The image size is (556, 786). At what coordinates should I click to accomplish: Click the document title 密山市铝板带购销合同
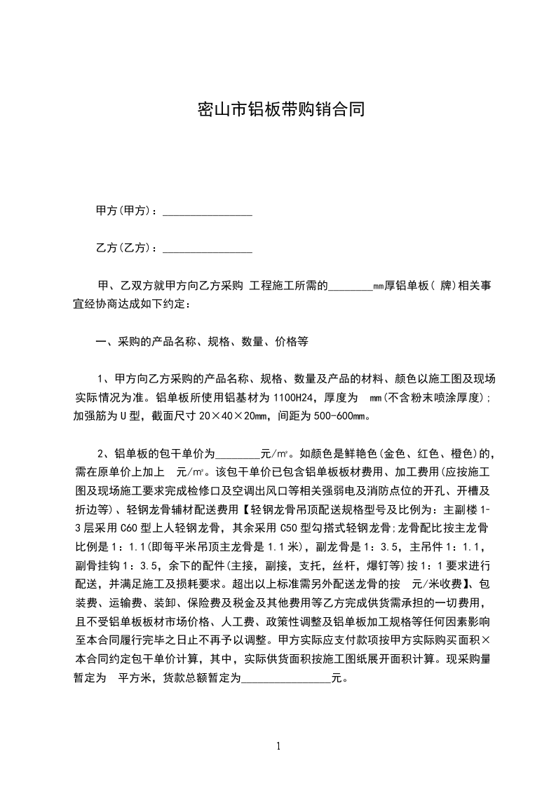[278, 111]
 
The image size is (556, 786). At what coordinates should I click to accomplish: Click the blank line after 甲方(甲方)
[207, 211]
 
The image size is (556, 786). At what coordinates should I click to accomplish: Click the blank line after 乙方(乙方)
[207, 248]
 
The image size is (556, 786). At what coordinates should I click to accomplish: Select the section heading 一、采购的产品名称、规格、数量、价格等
[202, 343]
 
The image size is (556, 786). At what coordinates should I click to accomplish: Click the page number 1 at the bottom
[278, 746]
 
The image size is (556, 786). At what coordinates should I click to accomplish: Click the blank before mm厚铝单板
[350, 287]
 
